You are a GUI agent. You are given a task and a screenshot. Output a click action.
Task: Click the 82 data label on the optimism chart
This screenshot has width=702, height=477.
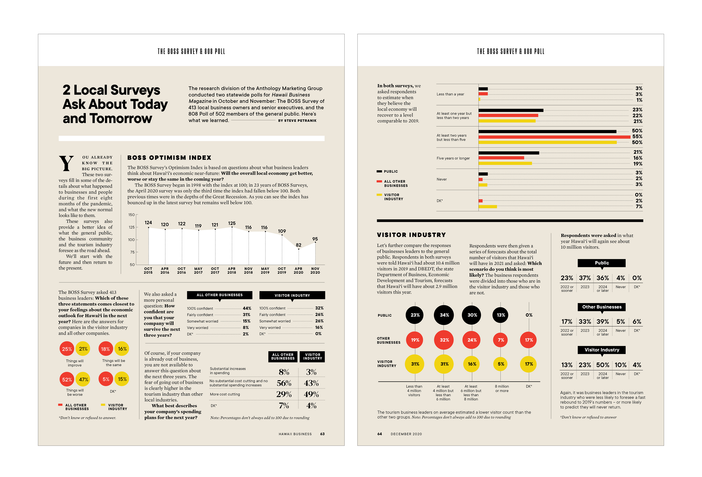tap(298, 245)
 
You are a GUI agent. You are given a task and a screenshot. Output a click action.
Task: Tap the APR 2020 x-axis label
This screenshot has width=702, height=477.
tap(298, 271)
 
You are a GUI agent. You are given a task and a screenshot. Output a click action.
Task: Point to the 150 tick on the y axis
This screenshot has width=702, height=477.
tap(131, 215)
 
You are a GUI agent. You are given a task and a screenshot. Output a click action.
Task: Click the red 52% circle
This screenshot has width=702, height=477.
tap(67, 379)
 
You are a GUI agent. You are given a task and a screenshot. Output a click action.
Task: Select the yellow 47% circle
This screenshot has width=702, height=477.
tap(83, 379)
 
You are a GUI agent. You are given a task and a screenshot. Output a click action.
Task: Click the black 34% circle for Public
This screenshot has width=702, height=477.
tap(444, 315)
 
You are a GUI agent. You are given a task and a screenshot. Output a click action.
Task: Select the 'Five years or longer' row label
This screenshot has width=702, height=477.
tap(453, 158)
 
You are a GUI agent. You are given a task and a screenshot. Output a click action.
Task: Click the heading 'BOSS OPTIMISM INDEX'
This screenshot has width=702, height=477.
tap(169, 158)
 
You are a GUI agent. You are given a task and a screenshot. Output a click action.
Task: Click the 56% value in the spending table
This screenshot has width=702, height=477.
tap(284, 383)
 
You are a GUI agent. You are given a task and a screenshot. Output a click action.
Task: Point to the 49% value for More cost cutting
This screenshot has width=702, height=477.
tap(312, 394)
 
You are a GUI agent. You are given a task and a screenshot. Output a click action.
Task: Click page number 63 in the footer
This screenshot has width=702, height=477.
tap(322, 434)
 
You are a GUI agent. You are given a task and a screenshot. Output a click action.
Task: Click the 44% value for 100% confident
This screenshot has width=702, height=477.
tap(247, 308)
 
